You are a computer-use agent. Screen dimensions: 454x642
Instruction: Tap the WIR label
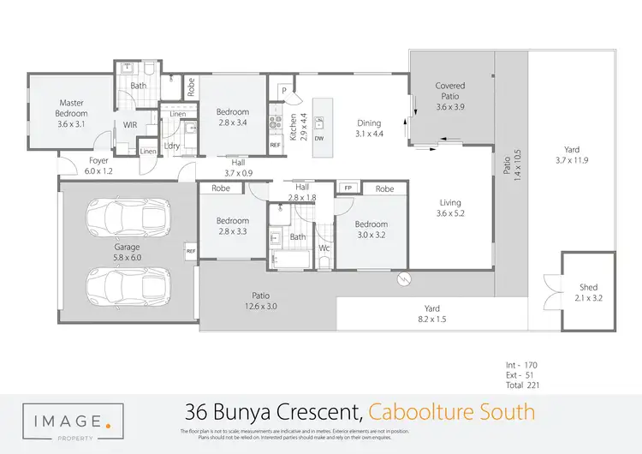[130, 125]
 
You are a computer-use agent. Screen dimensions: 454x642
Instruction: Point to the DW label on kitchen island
[318, 138]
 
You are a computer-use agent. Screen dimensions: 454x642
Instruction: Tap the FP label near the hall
[348, 188]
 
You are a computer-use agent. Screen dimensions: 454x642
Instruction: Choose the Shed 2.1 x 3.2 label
[588, 293]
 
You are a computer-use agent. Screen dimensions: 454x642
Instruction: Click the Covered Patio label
[450, 97]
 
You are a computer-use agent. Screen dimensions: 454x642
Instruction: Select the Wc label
[324, 248]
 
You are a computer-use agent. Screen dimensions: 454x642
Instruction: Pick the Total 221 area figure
[521, 385]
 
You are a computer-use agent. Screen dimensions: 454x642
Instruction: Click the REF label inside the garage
[190, 251]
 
